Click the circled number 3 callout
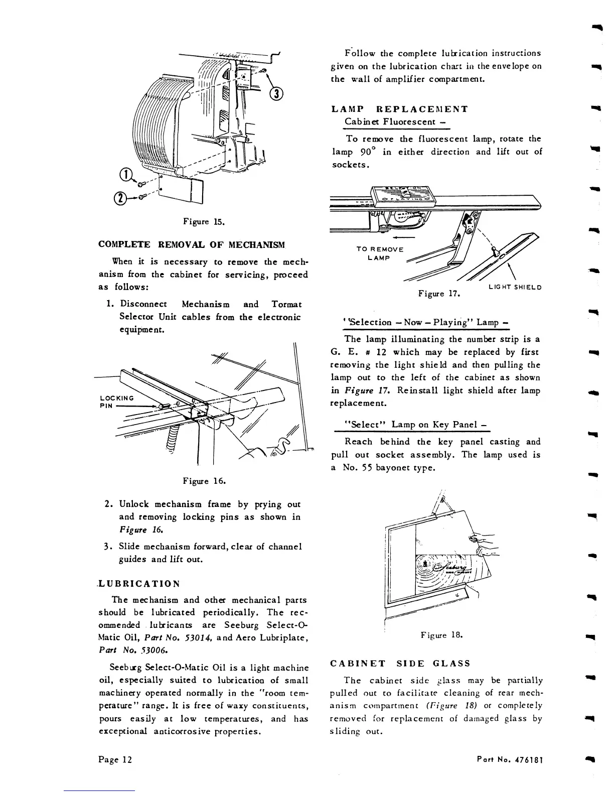(276, 94)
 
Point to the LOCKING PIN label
(114, 401)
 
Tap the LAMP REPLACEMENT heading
(400, 109)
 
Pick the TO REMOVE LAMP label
(379, 253)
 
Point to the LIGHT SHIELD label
(515, 288)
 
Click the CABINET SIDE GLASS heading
(401, 663)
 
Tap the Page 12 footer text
(115, 759)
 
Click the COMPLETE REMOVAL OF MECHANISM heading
(192, 244)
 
